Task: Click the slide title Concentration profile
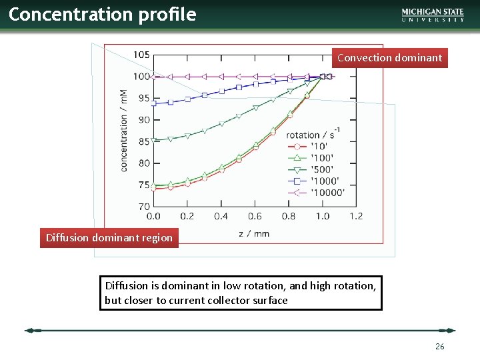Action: coord(102,15)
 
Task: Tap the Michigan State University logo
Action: coord(433,15)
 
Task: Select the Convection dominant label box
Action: coord(389,58)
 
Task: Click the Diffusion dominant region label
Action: coord(109,238)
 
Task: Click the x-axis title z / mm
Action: coord(253,233)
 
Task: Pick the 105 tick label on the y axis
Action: coord(141,55)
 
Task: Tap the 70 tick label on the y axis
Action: coord(143,207)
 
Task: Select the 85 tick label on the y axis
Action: coord(143,141)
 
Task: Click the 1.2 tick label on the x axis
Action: coord(356,216)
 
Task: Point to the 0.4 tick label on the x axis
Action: coord(221,216)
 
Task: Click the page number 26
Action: coord(439,347)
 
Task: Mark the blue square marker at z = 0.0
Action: coord(153,103)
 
